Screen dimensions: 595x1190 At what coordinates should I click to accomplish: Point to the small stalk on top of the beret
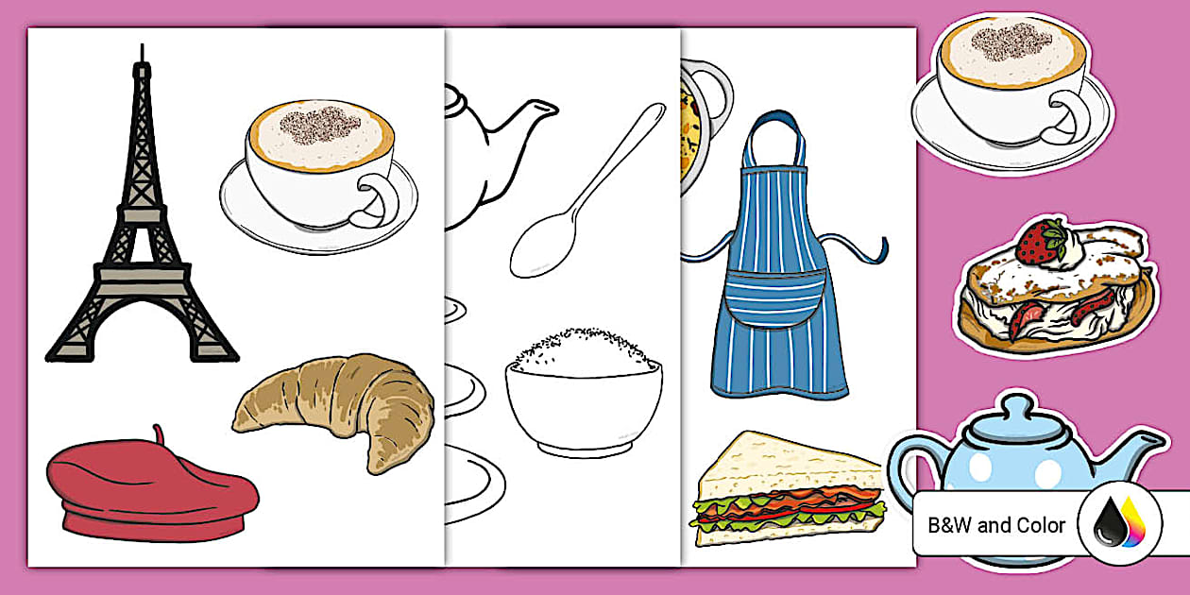[x=159, y=434]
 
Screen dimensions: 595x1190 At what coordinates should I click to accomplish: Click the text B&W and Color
[x=996, y=525]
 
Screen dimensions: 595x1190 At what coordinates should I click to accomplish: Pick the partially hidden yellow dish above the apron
[x=694, y=123]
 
